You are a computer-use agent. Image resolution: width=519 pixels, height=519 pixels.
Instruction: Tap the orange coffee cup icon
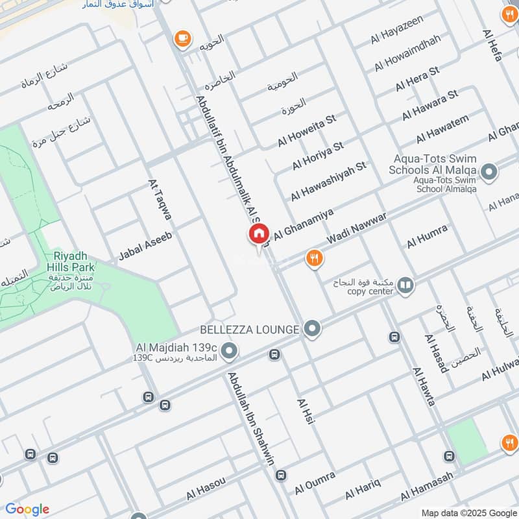(182, 39)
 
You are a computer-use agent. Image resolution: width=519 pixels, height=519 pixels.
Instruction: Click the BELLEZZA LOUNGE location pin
(313, 329)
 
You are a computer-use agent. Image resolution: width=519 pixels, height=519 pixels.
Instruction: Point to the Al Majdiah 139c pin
(228, 352)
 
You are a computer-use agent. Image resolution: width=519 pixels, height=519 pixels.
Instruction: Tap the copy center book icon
(405, 285)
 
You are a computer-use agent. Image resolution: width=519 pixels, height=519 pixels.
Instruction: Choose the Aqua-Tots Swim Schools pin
(489, 172)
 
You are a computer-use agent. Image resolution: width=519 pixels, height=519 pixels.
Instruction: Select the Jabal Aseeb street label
(145, 248)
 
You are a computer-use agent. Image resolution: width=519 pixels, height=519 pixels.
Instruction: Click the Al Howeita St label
(307, 130)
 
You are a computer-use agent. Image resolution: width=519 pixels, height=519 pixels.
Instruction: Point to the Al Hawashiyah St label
(328, 180)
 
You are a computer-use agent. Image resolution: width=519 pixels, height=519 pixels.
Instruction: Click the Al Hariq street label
(362, 488)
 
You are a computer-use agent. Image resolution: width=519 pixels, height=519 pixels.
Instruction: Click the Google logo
(27, 509)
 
